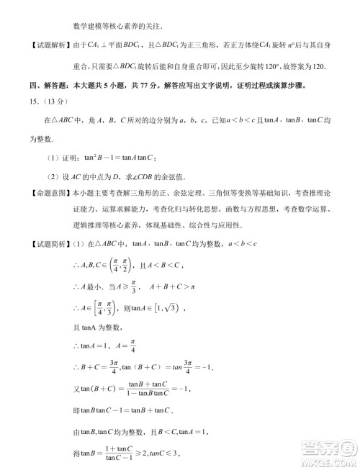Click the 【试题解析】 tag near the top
(x=38, y=47)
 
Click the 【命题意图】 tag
(x=38, y=194)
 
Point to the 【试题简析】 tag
(x=38, y=244)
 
